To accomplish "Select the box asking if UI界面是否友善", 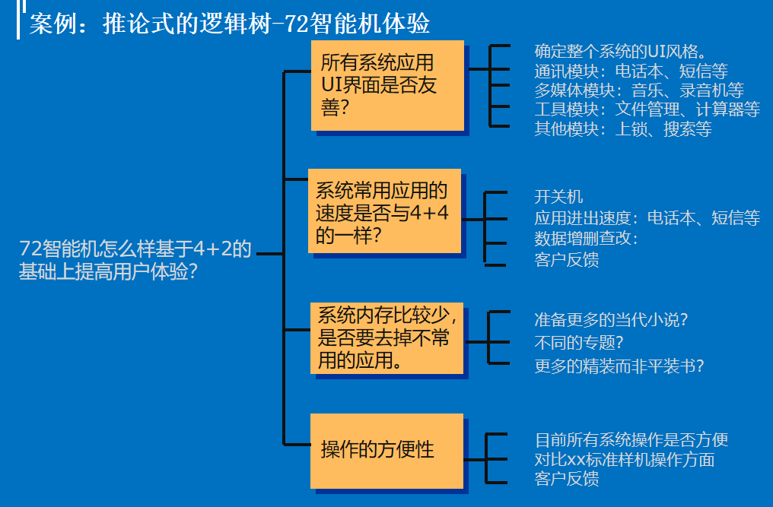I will coord(387,85).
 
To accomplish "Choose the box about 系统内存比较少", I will coord(386,337).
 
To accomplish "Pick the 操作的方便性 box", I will coord(386,450).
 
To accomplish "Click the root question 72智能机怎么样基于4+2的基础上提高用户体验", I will coord(135,260).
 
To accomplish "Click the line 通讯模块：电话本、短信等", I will coord(631,71).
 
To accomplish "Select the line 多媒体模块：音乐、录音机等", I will coord(639,90).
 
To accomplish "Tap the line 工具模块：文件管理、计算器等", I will coord(647,110).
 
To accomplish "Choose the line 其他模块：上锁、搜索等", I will coord(622,129).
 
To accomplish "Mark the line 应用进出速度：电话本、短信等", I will coord(647,218).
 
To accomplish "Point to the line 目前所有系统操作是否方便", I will coord(631,439).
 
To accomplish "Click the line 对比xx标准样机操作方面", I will coord(624,459).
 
